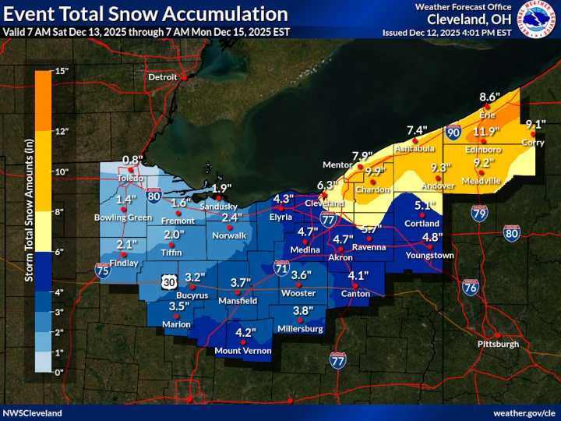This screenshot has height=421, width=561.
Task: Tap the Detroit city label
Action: (x=164, y=77)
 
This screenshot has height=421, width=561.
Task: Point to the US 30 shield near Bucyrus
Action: (x=169, y=279)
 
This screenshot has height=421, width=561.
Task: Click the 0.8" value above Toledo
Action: (x=133, y=160)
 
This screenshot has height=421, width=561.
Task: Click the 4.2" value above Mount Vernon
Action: (x=245, y=333)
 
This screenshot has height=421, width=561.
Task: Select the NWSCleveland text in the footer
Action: (x=31, y=412)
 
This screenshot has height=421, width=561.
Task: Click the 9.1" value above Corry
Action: (x=535, y=125)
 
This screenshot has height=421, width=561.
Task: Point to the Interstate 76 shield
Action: (x=471, y=288)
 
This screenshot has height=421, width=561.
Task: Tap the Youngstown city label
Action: (x=429, y=255)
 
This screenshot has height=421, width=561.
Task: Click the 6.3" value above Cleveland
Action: (x=326, y=186)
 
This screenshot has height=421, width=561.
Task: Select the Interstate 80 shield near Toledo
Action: (x=154, y=196)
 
